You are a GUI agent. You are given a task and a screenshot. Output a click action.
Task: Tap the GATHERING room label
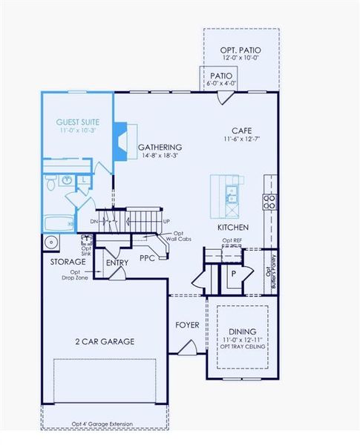[x=161, y=147]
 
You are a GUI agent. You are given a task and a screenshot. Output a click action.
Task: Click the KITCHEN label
[x=232, y=227]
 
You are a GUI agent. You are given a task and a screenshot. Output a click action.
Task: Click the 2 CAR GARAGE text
[x=104, y=341]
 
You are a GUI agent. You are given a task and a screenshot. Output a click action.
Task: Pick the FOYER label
[x=186, y=325]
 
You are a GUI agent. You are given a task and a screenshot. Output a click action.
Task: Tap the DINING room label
[x=242, y=331]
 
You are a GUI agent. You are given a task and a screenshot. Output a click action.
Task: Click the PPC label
[x=146, y=259]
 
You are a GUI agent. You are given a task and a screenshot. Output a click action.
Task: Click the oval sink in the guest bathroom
[x=65, y=179]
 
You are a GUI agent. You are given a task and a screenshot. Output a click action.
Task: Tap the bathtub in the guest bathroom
[x=58, y=222]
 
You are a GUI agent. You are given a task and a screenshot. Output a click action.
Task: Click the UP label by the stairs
[x=166, y=221]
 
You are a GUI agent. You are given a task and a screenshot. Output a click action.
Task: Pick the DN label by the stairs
[x=94, y=221]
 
